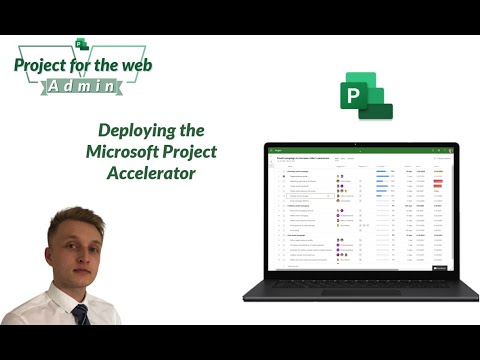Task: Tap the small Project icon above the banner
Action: pyautogui.click(x=83, y=43)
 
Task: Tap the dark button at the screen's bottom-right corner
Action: pyautogui.click(x=439, y=268)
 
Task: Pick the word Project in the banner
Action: pyautogui.click(x=42, y=67)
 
